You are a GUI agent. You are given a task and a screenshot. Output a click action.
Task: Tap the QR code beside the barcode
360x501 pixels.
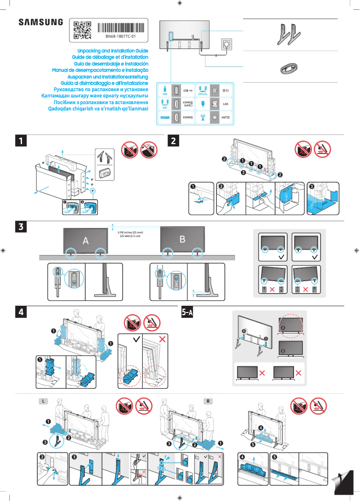coord(82,29)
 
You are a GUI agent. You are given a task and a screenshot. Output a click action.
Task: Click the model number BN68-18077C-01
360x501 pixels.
coord(121,35)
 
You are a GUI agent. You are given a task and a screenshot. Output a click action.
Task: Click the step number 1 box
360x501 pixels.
coord(20,141)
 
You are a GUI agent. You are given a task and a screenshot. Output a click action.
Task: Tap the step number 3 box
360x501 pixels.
coord(20,227)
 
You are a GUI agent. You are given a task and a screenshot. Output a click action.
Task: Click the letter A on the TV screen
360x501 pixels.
coord(85,241)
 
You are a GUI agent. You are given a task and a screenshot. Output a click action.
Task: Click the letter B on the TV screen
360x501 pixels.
coord(182,239)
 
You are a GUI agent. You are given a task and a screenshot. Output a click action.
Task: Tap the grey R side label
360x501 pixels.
coord(208,401)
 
